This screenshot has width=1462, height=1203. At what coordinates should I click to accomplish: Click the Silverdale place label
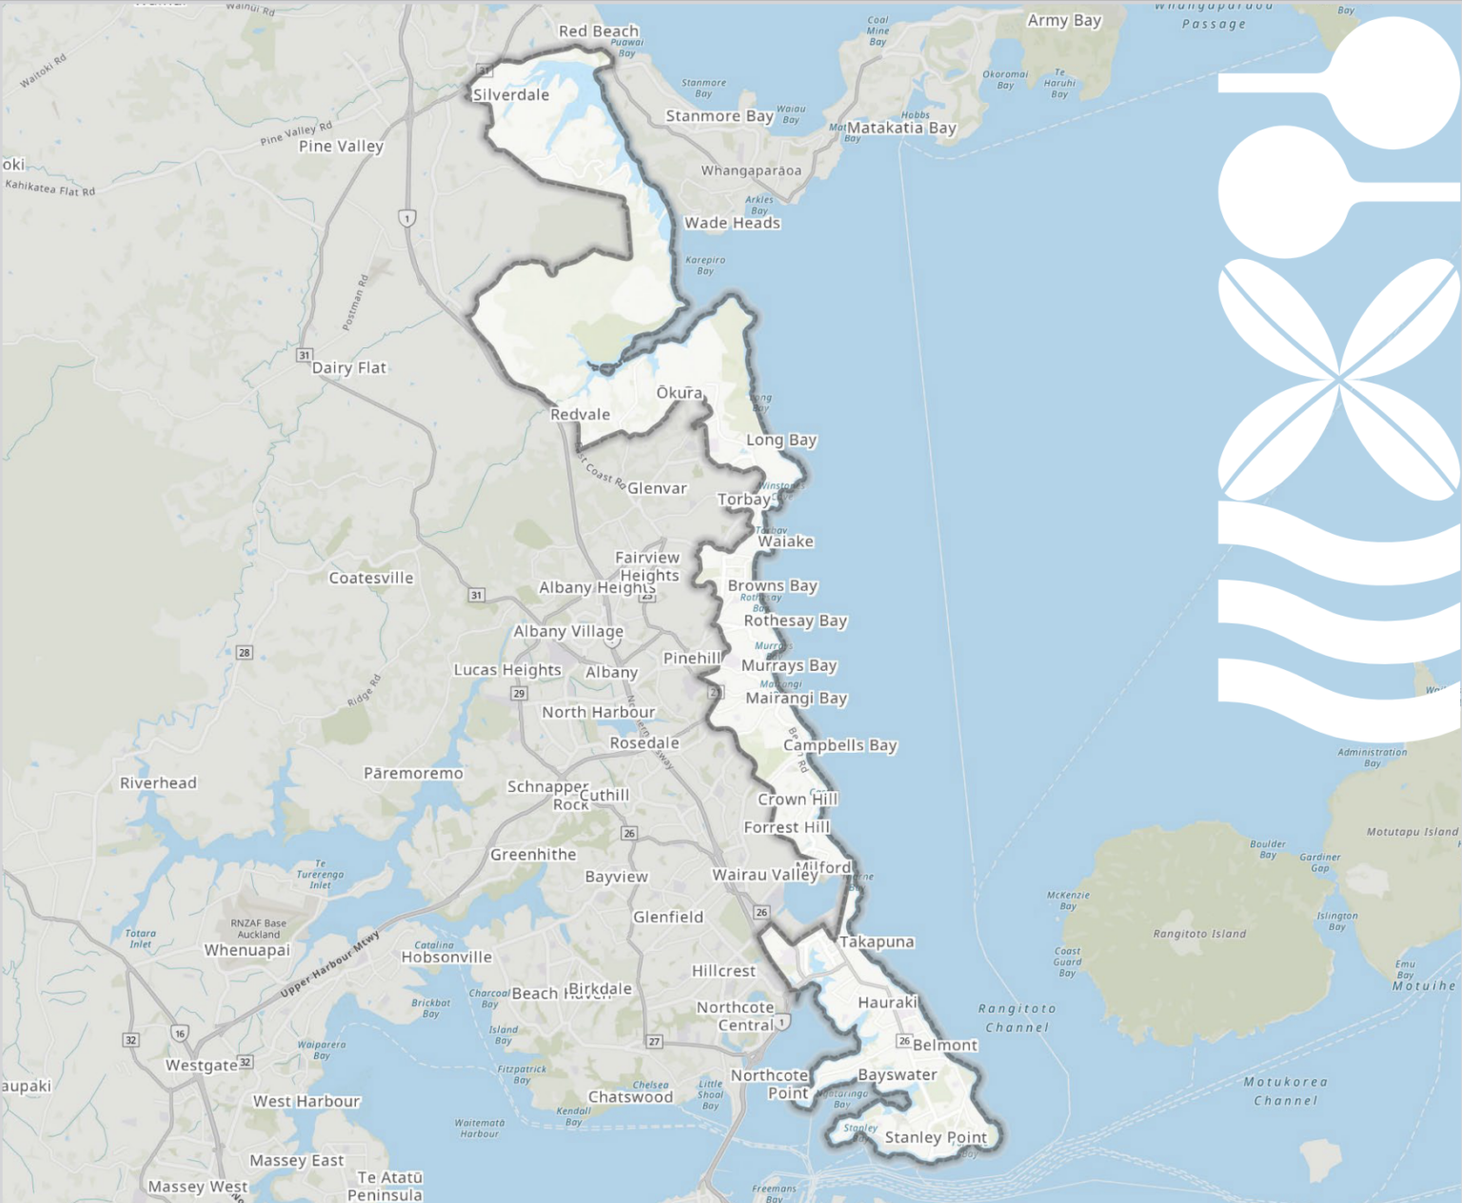click(x=511, y=94)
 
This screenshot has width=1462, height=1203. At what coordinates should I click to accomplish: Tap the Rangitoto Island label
click(x=1198, y=934)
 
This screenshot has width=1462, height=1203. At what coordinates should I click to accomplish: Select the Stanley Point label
click(x=936, y=1137)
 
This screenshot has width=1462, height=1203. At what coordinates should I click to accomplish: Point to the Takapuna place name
click(x=877, y=941)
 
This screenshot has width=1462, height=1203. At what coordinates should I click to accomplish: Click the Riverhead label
click(x=158, y=782)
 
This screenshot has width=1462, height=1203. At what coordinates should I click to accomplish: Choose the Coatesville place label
click(x=371, y=578)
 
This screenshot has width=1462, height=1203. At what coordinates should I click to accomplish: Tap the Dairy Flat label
click(x=349, y=367)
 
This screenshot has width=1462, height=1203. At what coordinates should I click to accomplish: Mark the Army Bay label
click(x=1064, y=20)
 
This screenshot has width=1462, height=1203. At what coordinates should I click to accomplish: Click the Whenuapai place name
click(x=247, y=950)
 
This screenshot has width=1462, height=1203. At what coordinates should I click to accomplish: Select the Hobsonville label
click(x=446, y=956)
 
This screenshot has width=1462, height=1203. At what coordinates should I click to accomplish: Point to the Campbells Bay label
click(x=840, y=745)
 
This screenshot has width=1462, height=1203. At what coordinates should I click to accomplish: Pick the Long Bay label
click(x=781, y=440)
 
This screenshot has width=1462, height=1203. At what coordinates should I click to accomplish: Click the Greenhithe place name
click(x=533, y=855)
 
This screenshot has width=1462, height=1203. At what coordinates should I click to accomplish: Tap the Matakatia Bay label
click(x=901, y=128)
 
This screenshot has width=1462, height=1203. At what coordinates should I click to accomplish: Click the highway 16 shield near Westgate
click(x=180, y=1034)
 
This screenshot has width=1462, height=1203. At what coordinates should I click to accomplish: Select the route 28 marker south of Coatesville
click(x=245, y=652)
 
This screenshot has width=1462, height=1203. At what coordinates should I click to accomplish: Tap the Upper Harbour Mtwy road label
click(x=330, y=964)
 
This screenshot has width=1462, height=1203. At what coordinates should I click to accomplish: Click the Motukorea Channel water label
click(x=1285, y=1091)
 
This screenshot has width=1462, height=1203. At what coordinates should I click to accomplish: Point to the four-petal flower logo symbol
click(x=1339, y=379)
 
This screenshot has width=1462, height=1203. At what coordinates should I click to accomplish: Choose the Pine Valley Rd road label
click(x=296, y=134)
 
